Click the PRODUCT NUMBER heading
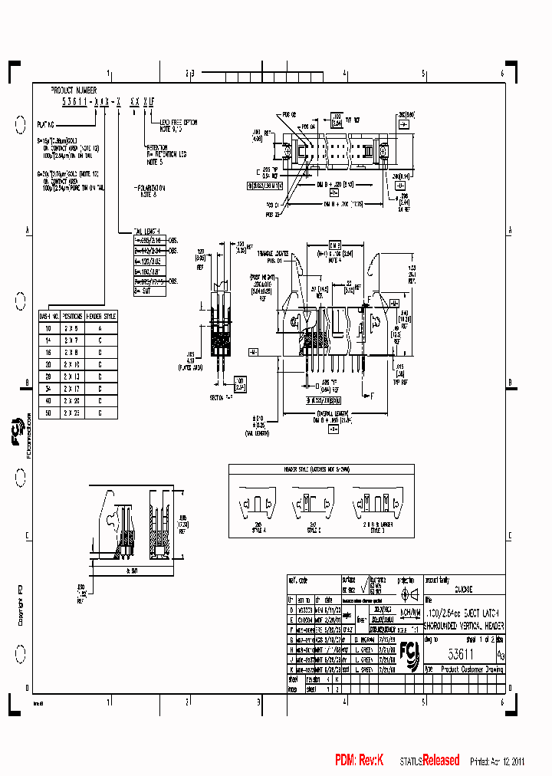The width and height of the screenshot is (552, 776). tap(74, 90)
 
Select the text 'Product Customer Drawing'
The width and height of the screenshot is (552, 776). tap(472, 669)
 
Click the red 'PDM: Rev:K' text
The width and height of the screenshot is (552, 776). tap(359, 761)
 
